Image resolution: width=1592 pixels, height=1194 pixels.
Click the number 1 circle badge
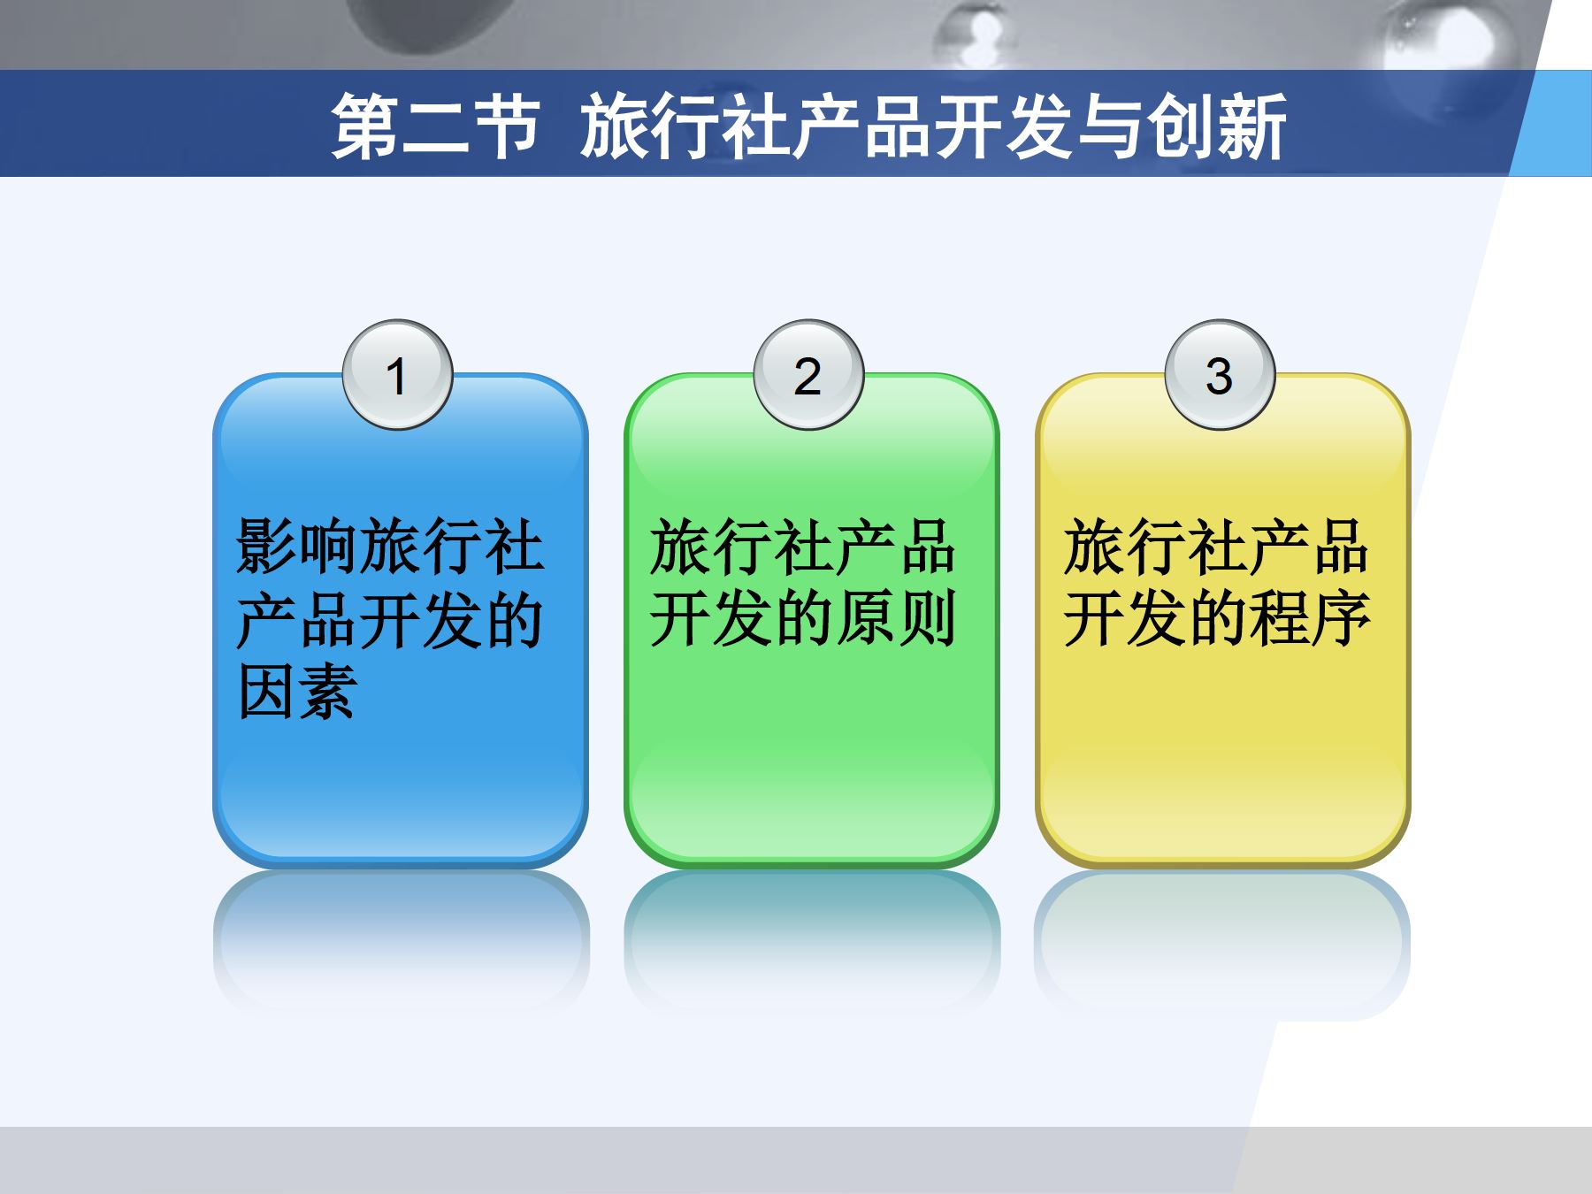(x=397, y=375)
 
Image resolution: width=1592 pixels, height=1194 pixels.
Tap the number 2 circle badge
(x=807, y=375)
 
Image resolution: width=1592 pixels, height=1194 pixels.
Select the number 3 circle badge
(x=1219, y=375)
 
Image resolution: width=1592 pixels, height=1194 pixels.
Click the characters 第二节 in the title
(x=435, y=127)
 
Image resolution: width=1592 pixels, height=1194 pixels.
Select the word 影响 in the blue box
(x=297, y=547)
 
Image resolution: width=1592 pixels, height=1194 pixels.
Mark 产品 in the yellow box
(x=1309, y=547)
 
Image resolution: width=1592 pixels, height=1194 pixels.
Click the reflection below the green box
(x=812, y=938)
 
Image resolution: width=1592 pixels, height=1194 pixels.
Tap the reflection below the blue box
(x=401, y=938)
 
